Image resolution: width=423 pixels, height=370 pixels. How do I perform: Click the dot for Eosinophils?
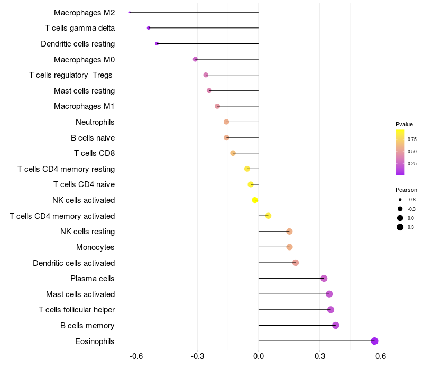(x=375, y=341)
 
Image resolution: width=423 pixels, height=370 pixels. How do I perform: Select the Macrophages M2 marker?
(x=130, y=12)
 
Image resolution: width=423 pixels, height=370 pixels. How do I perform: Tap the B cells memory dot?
(x=335, y=325)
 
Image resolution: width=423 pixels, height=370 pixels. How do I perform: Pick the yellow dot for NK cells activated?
(x=255, y=200)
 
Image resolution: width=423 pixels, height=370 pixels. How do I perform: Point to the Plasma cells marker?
(x=324, y=278)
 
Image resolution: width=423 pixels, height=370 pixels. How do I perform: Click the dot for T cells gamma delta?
(x=149, y=27)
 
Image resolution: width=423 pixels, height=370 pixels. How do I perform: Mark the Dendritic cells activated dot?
(x=296, y=263)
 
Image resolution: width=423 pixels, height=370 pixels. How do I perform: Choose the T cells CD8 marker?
(x=233, y=153)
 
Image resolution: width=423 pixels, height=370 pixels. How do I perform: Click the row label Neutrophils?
(x=95, y=122)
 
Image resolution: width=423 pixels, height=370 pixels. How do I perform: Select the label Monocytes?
(x=95, y=247)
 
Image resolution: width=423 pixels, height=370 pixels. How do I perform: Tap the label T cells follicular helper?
(x=77, y=310)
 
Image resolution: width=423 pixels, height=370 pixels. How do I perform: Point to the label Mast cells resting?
(x=84, y=91)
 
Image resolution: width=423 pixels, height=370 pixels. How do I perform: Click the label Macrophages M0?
(x=84, y=60)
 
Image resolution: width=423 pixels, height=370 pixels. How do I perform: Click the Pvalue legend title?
(x=404, y=124)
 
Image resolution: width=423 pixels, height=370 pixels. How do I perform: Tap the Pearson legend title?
(x=406, y=190)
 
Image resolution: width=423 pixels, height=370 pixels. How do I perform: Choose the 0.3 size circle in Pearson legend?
(x=400, y=227)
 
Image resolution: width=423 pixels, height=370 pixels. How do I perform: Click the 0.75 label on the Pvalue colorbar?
(x=412, y=140)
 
